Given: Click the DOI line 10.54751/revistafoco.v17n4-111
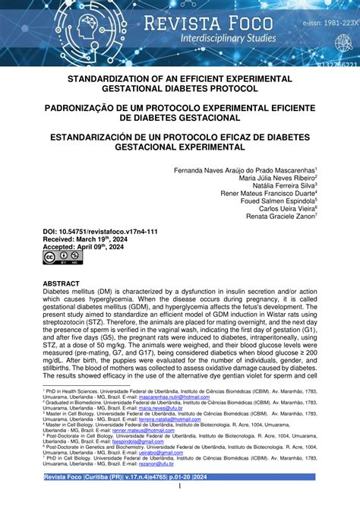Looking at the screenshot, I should (100, 229).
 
